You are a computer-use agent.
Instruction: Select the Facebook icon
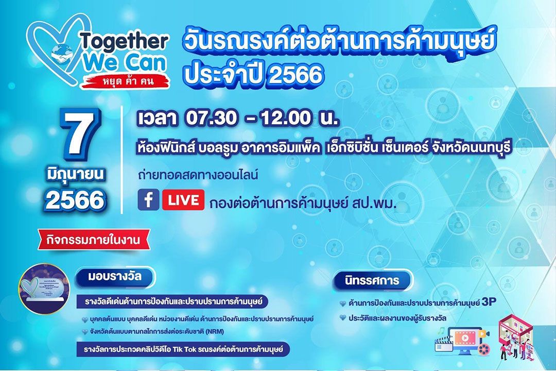point(148,200)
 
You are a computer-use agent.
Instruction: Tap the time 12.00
point(286,119)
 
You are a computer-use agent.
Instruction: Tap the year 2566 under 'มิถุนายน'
point(75,200)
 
